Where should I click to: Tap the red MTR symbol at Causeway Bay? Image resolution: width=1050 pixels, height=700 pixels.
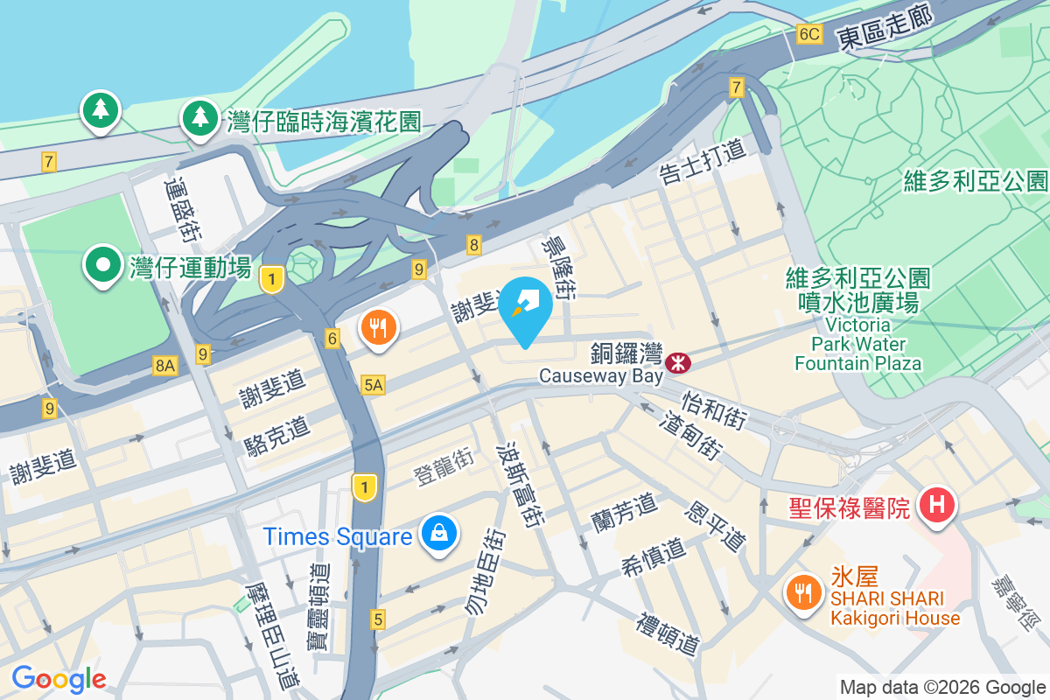pos(676,362)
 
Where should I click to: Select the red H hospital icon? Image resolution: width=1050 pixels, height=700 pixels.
pos(937,505)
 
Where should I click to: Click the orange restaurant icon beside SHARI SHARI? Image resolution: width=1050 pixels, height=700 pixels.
pos(801,592)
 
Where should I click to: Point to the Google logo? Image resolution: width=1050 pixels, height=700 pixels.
pos(59,679)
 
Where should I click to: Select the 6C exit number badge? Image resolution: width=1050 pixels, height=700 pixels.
pos(809,34)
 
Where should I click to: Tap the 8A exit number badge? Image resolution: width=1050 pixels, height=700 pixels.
pos(164,366)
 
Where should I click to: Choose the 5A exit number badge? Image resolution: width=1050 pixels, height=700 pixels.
pos(374,384)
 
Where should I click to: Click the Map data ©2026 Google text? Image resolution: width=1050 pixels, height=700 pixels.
pos(942,688)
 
